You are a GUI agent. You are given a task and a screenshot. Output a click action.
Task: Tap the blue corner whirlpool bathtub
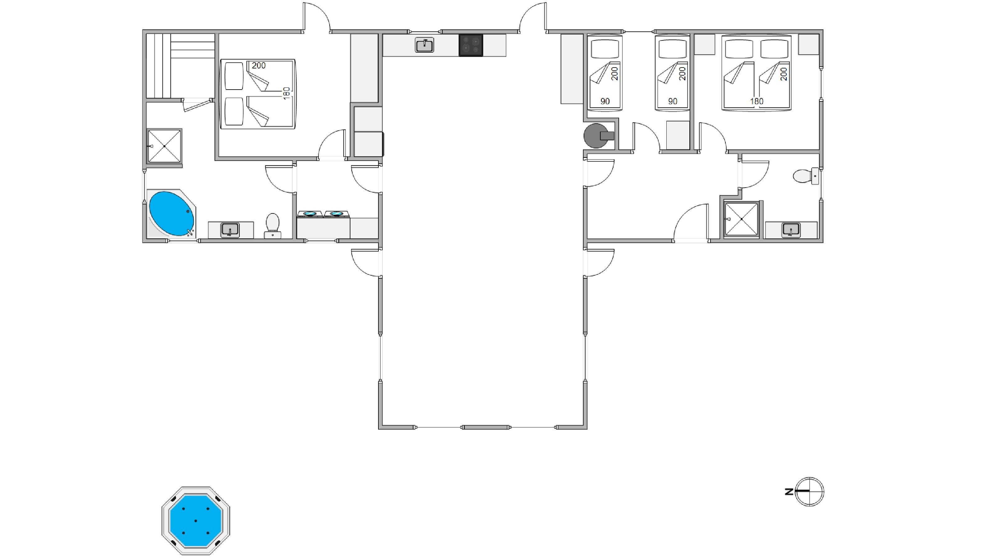coord(171,214)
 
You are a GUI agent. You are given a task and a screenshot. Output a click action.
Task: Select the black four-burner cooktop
coord(471,45)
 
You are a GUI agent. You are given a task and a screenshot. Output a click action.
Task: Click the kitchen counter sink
coord(424,45)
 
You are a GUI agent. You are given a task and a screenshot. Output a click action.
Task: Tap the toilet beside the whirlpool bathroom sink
coord(273,226)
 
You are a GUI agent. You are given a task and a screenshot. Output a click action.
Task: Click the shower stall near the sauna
coord(164,146)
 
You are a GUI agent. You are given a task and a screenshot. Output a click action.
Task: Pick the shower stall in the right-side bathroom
coord(742,219)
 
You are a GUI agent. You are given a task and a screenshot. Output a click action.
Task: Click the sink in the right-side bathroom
coord(791,230)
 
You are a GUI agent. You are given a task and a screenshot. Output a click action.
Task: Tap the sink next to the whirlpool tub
coord(230,230)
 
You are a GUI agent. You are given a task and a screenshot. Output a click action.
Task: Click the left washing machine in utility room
coord(310,214)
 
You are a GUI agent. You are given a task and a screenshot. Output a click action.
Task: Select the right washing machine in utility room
coord(336,214)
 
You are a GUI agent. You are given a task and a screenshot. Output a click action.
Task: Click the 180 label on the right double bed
coord(757,101)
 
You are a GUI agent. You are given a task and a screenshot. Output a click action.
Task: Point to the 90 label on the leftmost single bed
coord(605,101)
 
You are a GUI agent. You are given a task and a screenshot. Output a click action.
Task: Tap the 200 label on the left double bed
coord(259,66)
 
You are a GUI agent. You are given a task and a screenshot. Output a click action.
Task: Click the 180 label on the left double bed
coord(286,93)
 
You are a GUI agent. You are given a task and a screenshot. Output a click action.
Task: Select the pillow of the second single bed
coord(673,49)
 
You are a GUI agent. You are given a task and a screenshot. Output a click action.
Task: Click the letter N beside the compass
coord(789,492)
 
